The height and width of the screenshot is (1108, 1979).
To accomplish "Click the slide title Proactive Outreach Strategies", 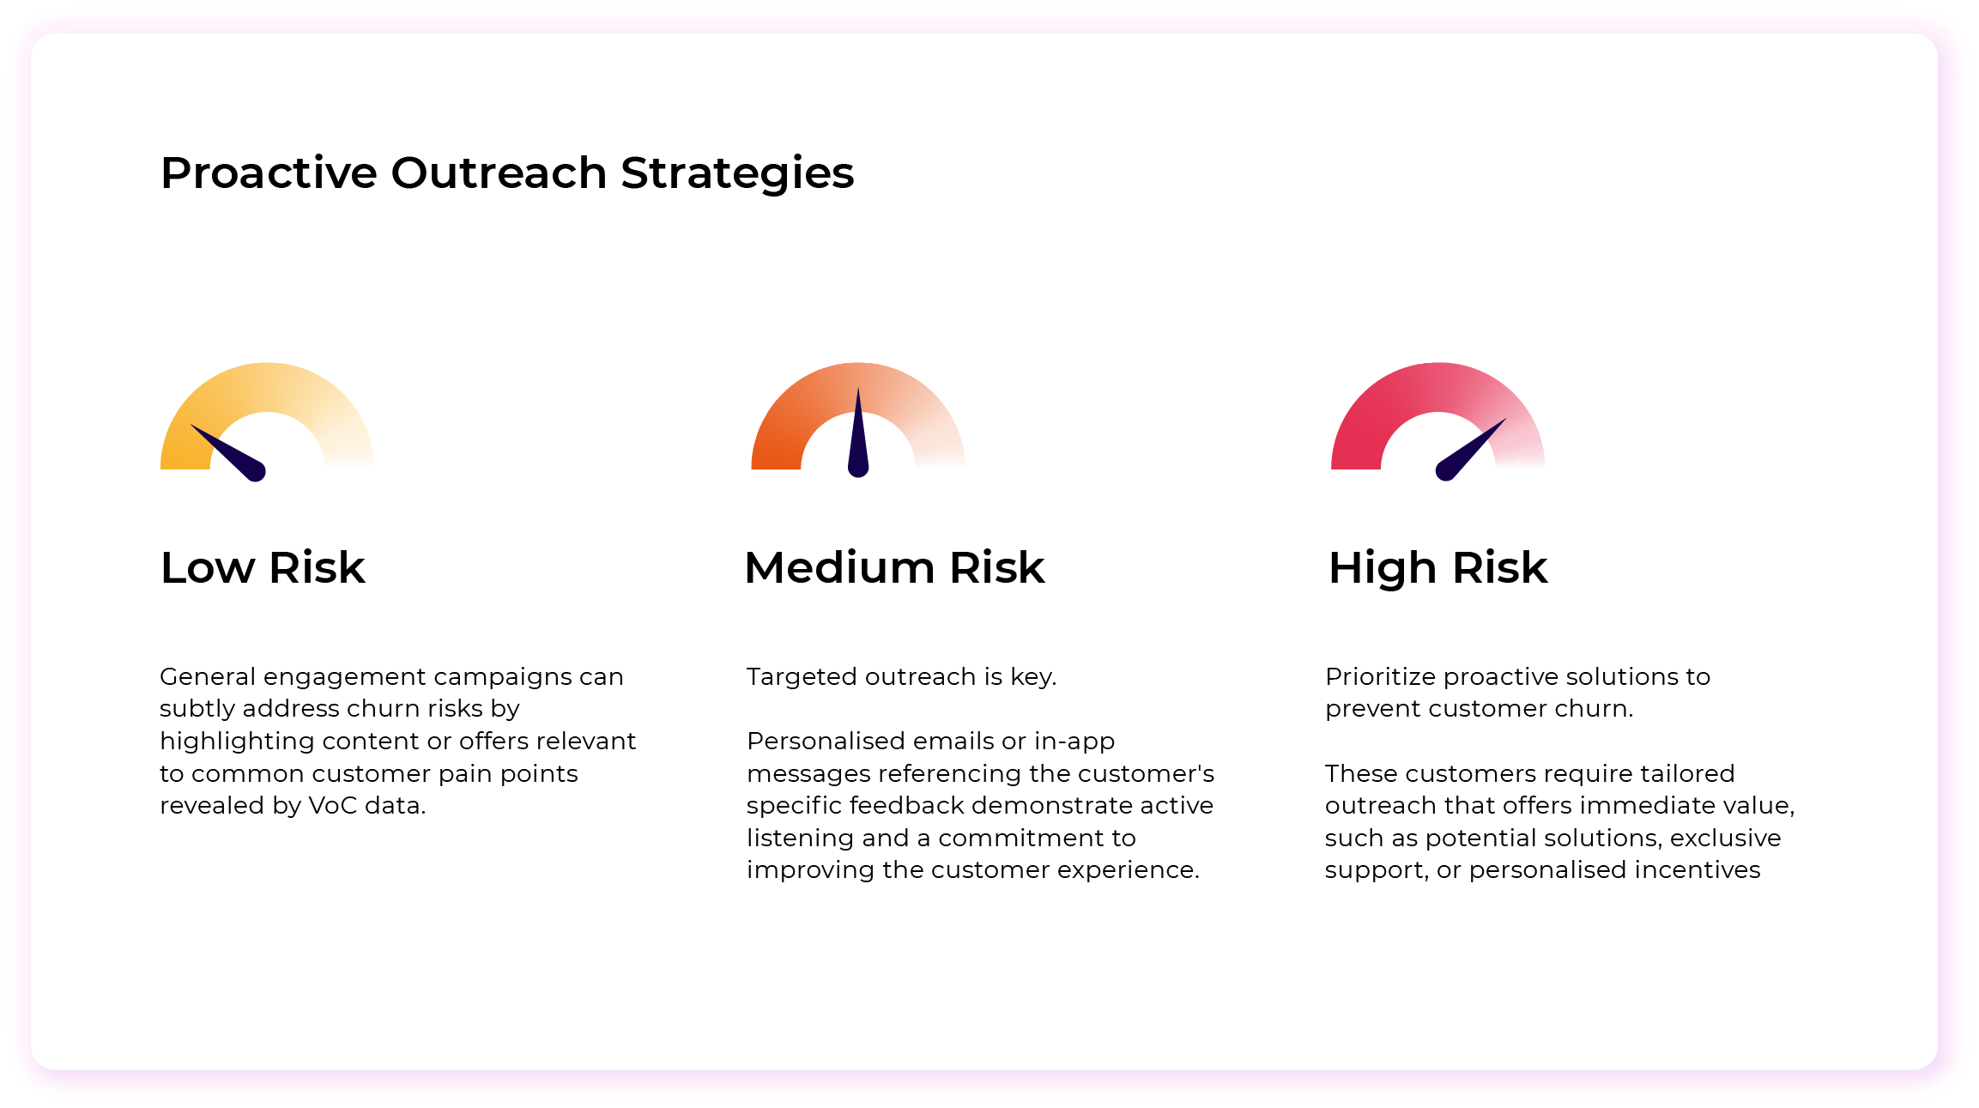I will click(506, 173).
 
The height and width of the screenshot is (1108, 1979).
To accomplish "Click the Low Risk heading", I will click(263, 567).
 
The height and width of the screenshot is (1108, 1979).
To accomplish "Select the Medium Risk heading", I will click(894, 567).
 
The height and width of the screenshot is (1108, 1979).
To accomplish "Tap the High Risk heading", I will click(1437, 567).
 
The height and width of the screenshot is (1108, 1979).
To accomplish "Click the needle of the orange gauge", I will click(858, 438).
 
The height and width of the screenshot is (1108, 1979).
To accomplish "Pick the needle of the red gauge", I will click(1472, 450).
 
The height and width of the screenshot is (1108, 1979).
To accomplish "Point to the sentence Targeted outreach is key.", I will click(901, 677).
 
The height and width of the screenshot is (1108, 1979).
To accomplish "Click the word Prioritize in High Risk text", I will click(1381, 677).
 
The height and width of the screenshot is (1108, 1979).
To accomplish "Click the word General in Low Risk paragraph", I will click(208, 677).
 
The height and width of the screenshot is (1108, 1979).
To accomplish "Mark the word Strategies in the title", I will click(737, 173).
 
